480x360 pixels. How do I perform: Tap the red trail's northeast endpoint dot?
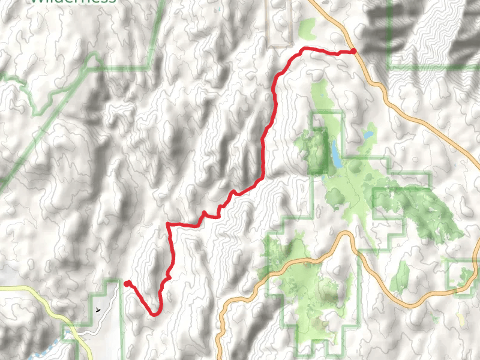click(353, 51)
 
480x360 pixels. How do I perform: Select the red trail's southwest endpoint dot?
click(127, 283)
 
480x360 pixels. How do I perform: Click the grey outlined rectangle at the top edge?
click(278, 24)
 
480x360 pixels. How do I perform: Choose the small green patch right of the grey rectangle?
click(307, 27)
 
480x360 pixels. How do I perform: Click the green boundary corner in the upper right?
click(390, 66)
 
